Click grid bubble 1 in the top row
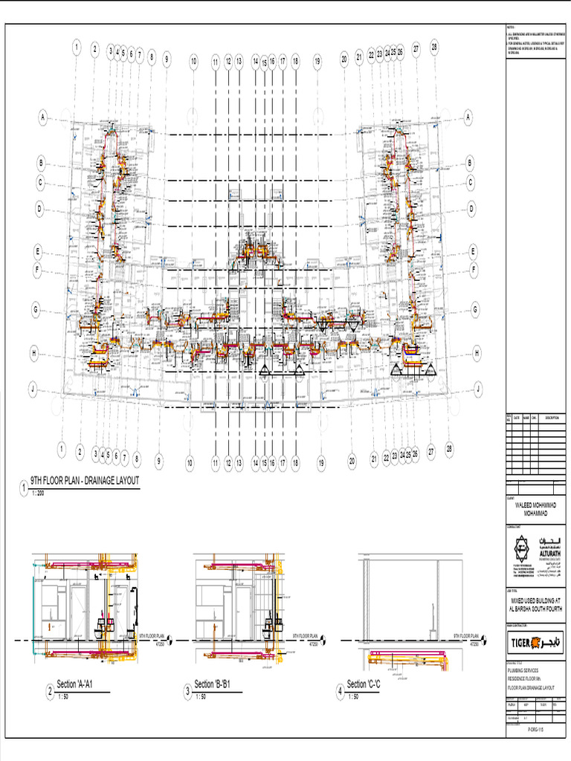tap(76, 48)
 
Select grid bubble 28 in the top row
tap(434, 47)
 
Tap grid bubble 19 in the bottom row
tap(321, 462)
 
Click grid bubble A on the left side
tap(43, 117)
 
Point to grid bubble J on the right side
tap(478, 388)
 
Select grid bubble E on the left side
tap(38, 252)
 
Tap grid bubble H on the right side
tap(476, 354)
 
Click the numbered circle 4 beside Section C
tap(340, 693)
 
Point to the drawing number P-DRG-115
tap(537, 731)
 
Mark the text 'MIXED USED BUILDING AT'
tap(536, 600)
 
